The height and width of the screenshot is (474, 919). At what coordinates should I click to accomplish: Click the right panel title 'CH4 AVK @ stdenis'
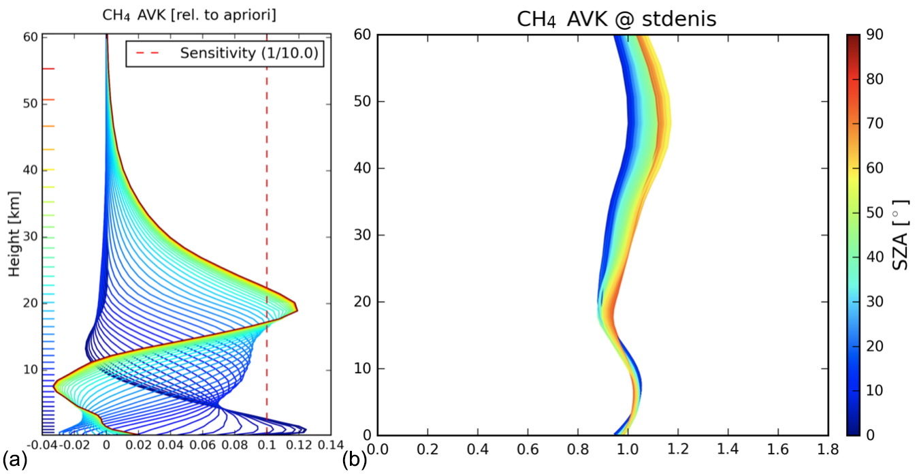[x=616, y=18]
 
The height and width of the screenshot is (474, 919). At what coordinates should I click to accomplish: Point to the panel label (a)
[x=14, y=459]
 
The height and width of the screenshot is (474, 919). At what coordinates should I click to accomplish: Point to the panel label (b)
[x=355, y=459]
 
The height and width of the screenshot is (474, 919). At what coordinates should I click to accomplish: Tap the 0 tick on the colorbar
[x=877, y=434]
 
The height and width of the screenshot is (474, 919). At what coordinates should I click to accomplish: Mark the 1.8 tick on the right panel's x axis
[x=828, y=450]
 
